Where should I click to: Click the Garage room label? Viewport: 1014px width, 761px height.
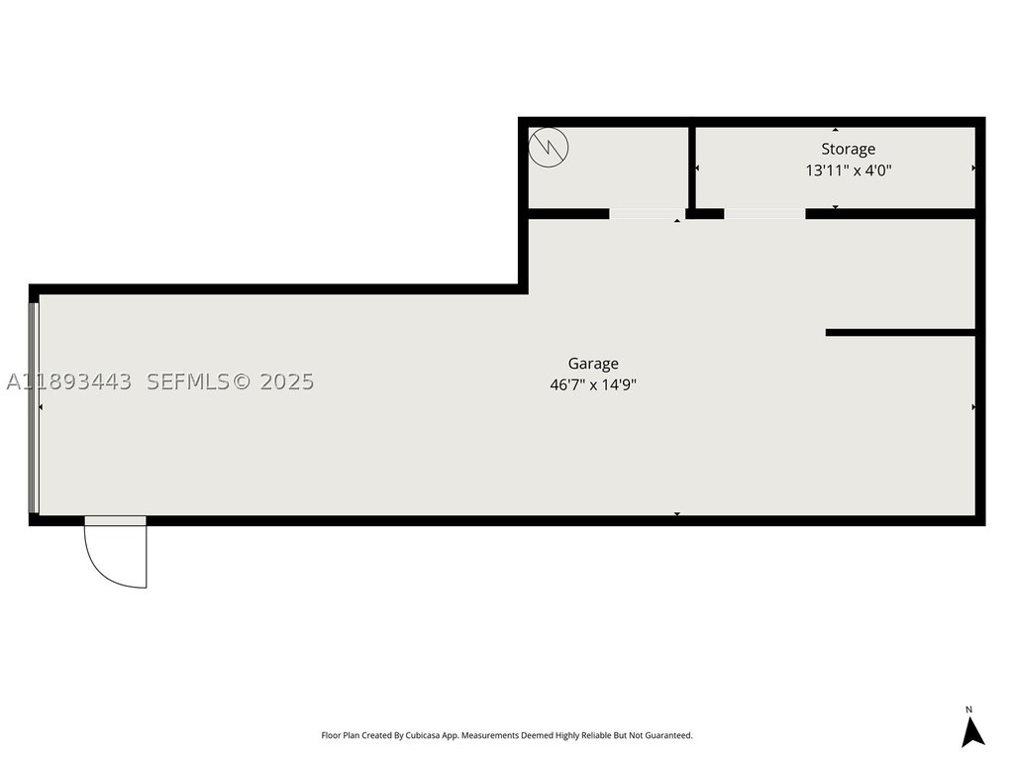coord(593,364)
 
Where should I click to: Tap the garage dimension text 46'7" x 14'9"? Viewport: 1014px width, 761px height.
coord(593,385)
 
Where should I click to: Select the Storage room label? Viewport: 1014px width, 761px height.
coord(848,150)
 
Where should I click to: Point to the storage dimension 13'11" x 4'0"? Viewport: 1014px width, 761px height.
coord(848,170)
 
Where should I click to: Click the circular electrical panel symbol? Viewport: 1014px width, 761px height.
coord(549,148)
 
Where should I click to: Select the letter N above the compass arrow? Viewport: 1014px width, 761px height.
coord(968,709)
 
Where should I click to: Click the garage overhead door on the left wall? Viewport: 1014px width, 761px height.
coord(34,407)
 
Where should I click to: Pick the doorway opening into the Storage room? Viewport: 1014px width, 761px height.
coord(764,214)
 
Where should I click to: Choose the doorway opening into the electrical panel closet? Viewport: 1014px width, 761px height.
coord(648,214)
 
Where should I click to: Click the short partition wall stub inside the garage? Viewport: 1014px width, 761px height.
coord(900,333)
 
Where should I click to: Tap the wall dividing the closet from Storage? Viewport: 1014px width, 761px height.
coord(691,168)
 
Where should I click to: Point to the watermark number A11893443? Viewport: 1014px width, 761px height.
coord(69,381)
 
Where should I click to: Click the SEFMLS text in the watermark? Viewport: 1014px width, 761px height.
coord(188,381)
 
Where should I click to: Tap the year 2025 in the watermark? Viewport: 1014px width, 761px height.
coord(286,381)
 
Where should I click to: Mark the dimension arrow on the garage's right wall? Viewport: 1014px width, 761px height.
coord(973,407)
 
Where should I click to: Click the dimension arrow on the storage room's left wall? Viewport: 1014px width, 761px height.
coord(697,168)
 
